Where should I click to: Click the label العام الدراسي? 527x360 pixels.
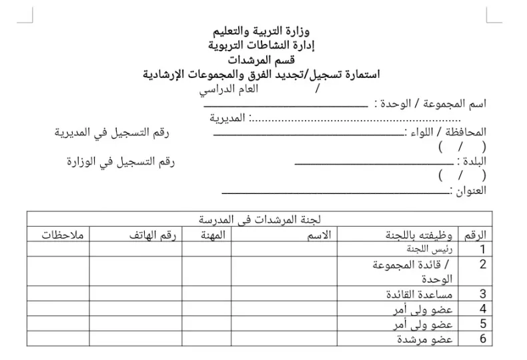231,89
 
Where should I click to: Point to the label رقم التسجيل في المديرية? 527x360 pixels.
111,132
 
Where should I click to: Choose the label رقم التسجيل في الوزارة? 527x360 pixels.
121,161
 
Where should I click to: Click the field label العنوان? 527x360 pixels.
470,191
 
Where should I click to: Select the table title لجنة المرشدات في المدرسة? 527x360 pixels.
259,219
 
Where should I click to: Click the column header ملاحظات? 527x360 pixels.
58,234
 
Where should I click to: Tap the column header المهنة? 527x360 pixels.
215,234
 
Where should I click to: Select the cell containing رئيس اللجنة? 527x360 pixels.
433,249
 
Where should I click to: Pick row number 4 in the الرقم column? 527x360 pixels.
483,309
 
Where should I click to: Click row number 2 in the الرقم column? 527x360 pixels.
483,265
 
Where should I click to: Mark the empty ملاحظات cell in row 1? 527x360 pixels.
58,249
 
